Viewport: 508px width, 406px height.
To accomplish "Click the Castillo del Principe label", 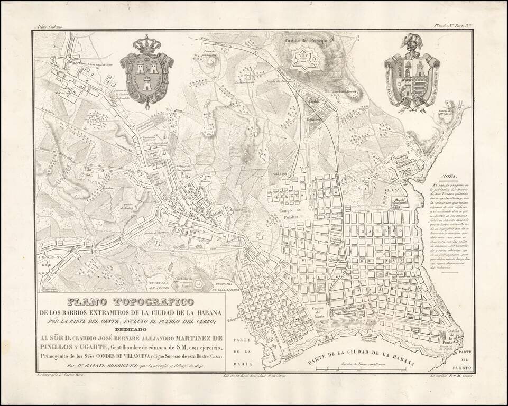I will (x=305, y=40).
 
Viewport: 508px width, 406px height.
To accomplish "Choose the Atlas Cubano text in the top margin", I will (x=48, y=25).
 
